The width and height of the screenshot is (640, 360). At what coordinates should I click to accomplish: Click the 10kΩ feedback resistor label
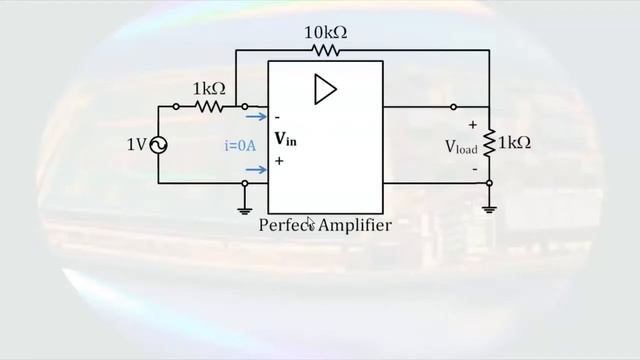coord(325,33)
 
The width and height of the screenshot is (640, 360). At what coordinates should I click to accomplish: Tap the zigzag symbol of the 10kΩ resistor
coord(326,50)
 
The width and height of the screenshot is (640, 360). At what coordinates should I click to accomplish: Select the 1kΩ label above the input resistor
coord(209,89)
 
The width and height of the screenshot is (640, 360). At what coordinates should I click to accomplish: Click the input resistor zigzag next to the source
coord(209,106)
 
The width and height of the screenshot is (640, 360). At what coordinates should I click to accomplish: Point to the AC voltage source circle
coord(158,145)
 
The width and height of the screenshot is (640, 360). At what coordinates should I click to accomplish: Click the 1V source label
coord(137,145)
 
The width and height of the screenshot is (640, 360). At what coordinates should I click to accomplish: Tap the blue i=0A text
coord(240,145)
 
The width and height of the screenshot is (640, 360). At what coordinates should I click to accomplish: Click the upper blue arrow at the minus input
coord(255,116)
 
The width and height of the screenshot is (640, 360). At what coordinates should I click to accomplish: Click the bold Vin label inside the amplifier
coord(285,139)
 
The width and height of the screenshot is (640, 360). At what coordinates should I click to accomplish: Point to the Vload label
coord(461,146)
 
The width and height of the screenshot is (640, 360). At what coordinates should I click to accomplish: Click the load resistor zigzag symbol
coord(489,144)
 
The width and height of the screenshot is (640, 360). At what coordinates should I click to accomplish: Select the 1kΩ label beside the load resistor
coord(514,143)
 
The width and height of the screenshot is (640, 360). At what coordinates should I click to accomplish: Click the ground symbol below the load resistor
coord(489,208)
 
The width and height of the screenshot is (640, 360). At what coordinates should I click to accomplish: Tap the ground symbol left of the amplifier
coord(244,209)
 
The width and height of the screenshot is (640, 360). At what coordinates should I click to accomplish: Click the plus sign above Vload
coord(472,125)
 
